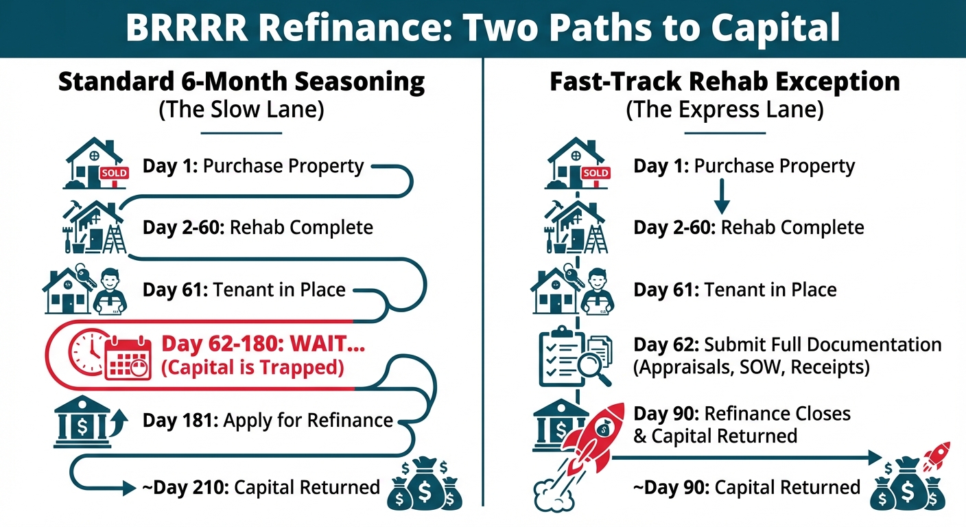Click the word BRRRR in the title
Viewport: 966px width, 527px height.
[186, 27]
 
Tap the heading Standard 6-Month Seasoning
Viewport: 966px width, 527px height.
[241, 82]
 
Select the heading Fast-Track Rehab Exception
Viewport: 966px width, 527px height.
[724, 82]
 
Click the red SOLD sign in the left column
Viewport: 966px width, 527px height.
[115, 174]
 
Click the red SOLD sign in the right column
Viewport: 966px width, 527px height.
[596, 174]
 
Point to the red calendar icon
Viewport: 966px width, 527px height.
[128, 358]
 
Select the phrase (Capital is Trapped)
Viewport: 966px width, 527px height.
[252, 367]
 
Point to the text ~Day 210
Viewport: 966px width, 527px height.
[185, 487]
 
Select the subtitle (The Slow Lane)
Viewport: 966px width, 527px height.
[241, 110]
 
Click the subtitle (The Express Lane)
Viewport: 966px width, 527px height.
[724, 110]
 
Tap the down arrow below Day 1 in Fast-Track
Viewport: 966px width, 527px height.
[722, 196]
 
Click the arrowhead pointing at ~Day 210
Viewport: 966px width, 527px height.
[130, 489]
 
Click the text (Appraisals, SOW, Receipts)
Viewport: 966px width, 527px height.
[751, 367]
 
